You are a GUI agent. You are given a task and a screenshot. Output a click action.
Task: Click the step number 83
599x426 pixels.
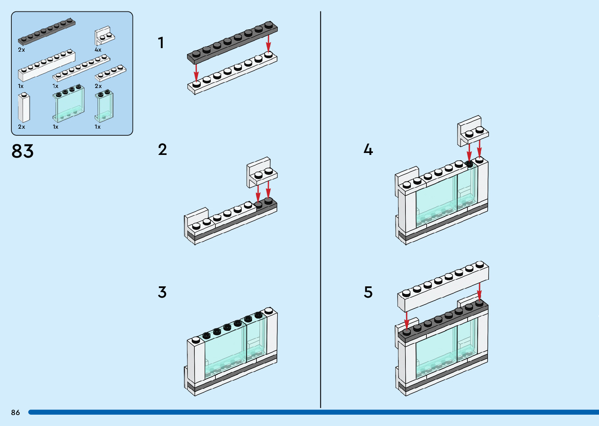[x=23, y=151]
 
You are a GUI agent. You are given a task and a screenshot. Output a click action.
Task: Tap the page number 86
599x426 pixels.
[x=15, y=412]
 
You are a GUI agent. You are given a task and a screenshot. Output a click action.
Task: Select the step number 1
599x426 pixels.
[x=160, y=43]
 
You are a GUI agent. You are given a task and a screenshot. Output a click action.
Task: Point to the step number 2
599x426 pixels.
[x=162, y=149]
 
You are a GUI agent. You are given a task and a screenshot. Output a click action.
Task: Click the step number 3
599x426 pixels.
[x=162, y=292]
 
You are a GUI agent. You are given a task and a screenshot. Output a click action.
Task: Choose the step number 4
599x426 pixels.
[x=368, y=149]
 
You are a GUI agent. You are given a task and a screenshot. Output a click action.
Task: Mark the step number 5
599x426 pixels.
[x=368, y=292]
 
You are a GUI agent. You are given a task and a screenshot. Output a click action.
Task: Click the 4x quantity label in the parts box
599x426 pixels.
[x=98, y=50]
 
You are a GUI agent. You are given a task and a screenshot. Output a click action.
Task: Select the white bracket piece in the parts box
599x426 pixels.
[x=104, y=36]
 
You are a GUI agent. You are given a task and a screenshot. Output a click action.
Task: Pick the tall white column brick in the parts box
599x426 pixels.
[x=24, y=108]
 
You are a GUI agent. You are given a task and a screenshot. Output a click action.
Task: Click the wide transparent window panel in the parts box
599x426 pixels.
[x=68, y=104]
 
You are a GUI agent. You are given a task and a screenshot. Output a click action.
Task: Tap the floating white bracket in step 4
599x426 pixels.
[x=473, y=130]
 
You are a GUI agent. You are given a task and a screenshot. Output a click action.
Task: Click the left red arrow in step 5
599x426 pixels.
[x=407, y=320]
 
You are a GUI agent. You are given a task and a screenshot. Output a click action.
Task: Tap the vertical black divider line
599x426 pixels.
[x=320, y=209]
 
